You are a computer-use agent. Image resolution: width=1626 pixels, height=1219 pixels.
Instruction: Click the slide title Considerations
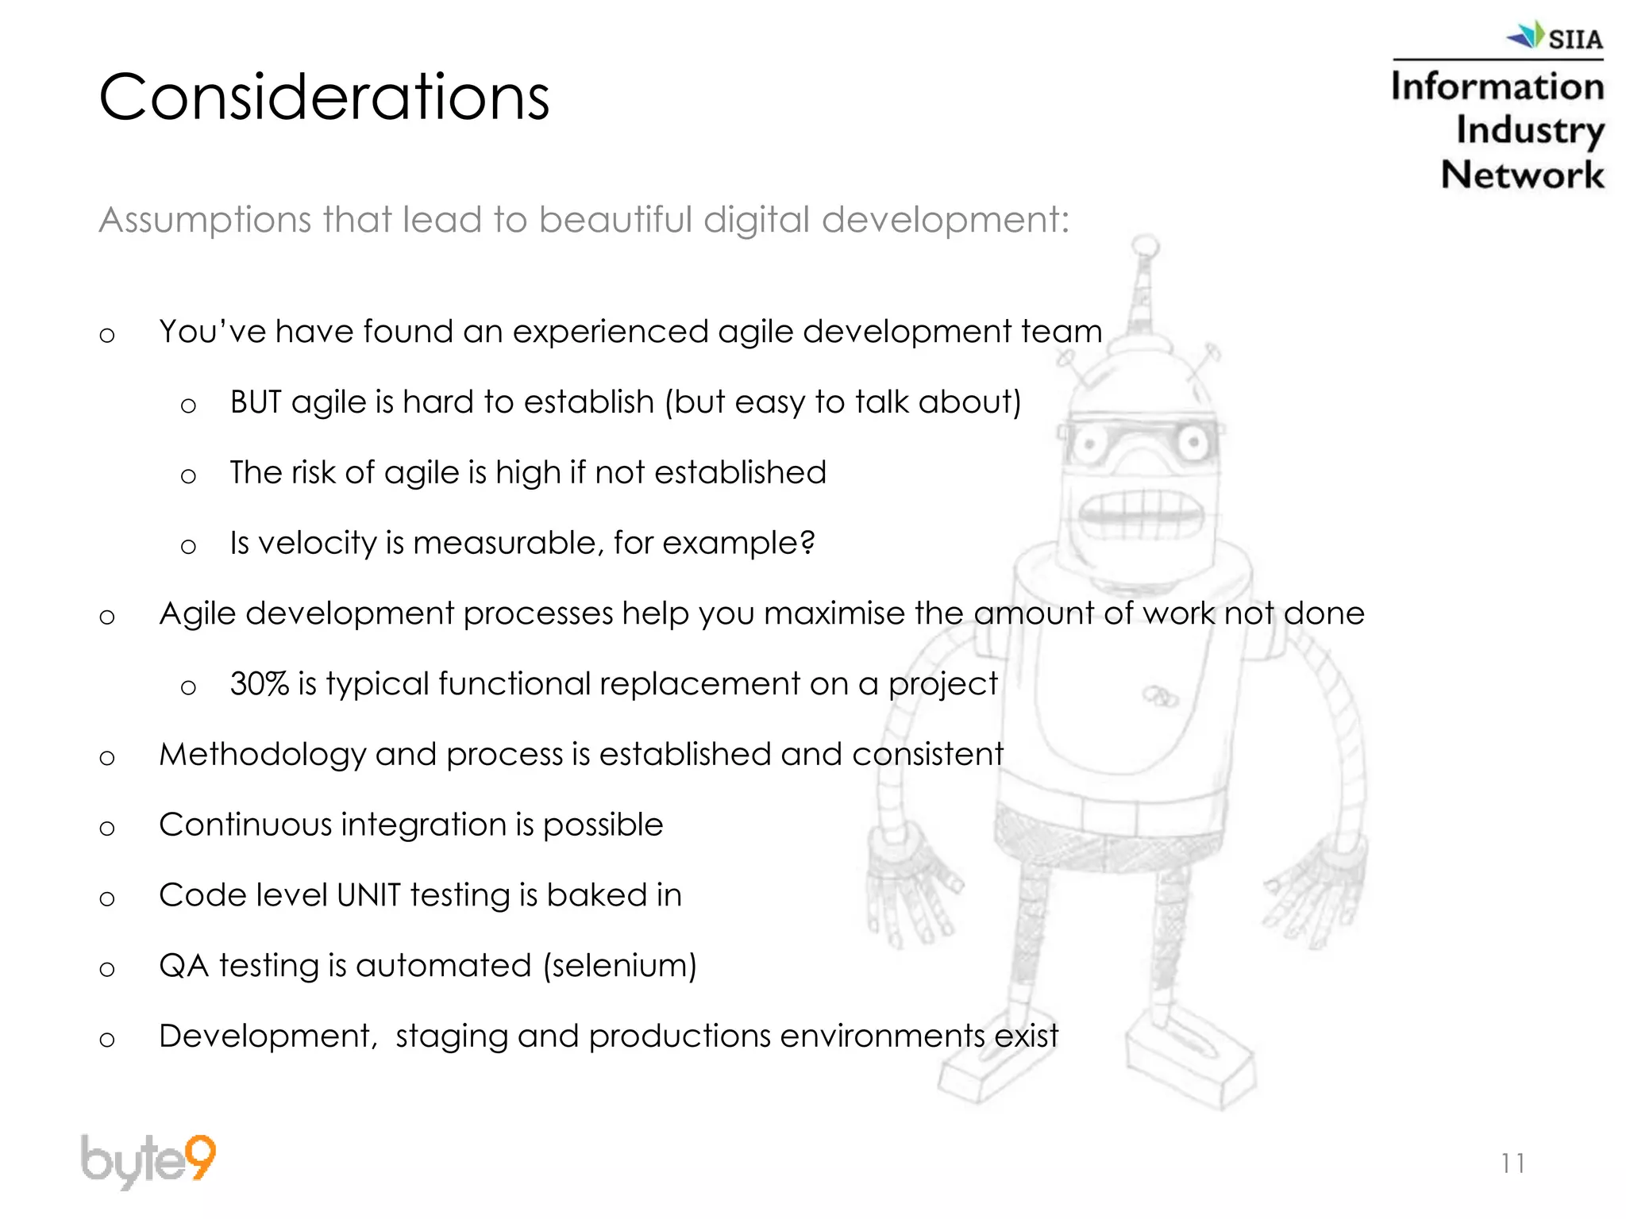coord(324,97)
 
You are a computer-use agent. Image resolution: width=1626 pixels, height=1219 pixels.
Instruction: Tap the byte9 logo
coord(148,1160)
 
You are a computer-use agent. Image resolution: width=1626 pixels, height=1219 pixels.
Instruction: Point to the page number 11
coord(1512,1163)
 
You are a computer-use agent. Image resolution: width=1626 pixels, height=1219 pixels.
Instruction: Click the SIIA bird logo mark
coord(1525,35)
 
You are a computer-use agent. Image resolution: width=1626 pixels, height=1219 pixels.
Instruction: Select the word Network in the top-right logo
coord(1522,175)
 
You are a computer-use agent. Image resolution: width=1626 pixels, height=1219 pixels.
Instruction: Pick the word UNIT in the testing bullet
coord(368,895)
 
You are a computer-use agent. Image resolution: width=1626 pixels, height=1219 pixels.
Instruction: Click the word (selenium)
coord(619,966)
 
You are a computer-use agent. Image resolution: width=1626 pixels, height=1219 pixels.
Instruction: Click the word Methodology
coord(262,755)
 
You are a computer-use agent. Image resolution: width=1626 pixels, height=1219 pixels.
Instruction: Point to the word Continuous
coord(245,825)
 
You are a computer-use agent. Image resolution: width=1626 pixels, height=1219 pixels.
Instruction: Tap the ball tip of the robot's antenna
coord(1145,246)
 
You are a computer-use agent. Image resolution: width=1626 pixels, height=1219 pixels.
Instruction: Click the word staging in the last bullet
coord(451,1036)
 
